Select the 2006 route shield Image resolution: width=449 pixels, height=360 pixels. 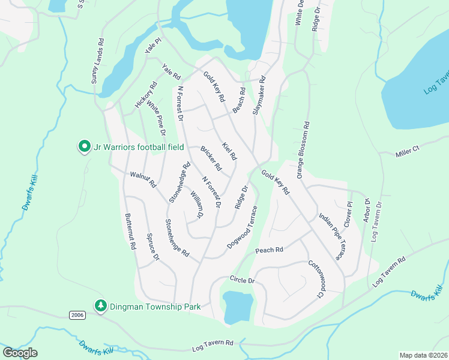[x=77, y=315]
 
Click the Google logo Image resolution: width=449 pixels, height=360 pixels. [x=20, y=353]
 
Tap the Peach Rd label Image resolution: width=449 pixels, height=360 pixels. [x=268, y=250]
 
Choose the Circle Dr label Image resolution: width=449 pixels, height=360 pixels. [x=243, y=280]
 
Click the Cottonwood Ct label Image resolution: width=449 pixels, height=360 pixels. [x=316, y=279]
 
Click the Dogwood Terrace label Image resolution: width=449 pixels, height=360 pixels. [x=243, y=228]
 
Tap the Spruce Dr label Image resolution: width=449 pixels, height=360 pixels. [x=152, y=247]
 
